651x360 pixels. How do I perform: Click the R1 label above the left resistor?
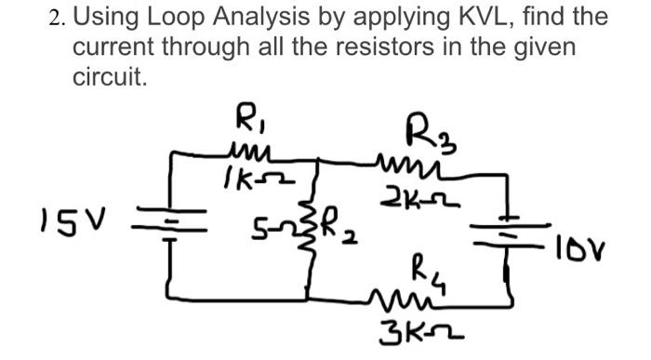(246, 122)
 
